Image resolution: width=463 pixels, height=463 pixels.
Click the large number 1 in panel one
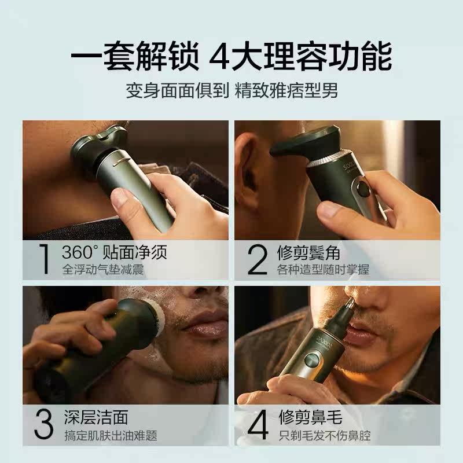click(45, 259)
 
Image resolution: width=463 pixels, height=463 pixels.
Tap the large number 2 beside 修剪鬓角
click(258, 259)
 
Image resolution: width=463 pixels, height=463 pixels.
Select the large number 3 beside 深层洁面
click(44, 424)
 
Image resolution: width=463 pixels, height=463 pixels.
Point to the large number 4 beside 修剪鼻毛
click(258, 425)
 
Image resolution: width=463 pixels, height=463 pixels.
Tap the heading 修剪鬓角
click(308, 252)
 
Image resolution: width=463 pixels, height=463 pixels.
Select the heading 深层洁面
click(96, 417)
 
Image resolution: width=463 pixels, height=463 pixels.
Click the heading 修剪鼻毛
click(310, 417)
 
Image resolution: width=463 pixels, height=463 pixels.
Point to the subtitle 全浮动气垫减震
click(103, 270)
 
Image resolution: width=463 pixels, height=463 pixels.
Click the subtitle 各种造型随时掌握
click(323, 270)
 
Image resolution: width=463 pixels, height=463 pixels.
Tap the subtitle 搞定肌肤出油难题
click(111, 436)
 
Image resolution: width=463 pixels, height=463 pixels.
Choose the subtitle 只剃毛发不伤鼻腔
click(325, 436)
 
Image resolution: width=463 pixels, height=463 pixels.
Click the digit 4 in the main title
click(220, 57)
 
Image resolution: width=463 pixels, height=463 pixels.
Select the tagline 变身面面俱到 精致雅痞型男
click(232, 91)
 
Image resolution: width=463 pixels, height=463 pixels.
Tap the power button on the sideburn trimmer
click(363, 189)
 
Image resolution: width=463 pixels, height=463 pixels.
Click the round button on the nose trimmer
click(311, 361)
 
